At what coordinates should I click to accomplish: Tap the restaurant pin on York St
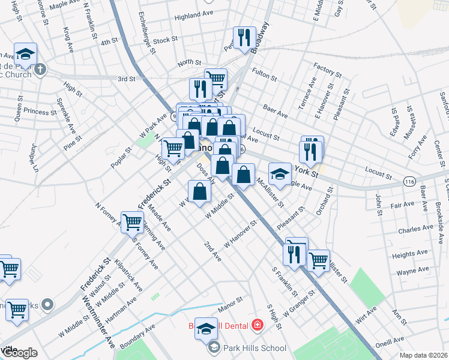[x=311, y=151]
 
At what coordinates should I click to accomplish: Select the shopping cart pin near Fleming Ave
[x=132, y=222]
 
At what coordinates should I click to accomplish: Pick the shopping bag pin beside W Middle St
[x=200, y=191]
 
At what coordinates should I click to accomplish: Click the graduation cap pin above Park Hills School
[x=205, y=328]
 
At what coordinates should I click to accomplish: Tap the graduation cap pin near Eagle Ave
[x=279, y=174]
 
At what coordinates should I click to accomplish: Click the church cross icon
[x=40, y=68]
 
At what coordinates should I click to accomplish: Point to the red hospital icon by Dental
[x=258, y=325]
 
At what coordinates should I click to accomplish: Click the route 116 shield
[x=410, y=181]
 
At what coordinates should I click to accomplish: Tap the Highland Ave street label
[x=194, y=15]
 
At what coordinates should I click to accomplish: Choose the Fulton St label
[x=264, y=75]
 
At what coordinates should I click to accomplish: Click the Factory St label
[x=327, y=71]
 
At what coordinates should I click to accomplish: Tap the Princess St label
[x=41, y=112]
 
